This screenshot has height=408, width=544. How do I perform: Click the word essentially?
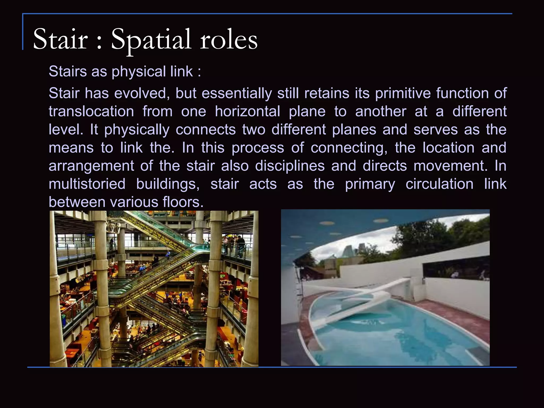[237, 93]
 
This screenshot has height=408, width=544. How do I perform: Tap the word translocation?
[91, 111]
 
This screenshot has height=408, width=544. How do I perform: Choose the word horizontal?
[247, 111]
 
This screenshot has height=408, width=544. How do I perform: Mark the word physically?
[137, 130]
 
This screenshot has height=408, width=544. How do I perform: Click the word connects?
[206, 130]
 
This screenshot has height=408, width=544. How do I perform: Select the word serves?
[436, 130]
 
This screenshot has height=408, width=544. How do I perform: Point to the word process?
[258, 148]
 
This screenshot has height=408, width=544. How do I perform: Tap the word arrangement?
[91, 166]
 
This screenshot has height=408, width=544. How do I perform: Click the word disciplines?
[290, 166]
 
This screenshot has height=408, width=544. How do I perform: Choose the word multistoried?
[87, 184]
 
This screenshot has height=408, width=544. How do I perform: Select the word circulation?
[439, 184]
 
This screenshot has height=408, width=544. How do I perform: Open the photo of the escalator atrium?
[154, 289]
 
